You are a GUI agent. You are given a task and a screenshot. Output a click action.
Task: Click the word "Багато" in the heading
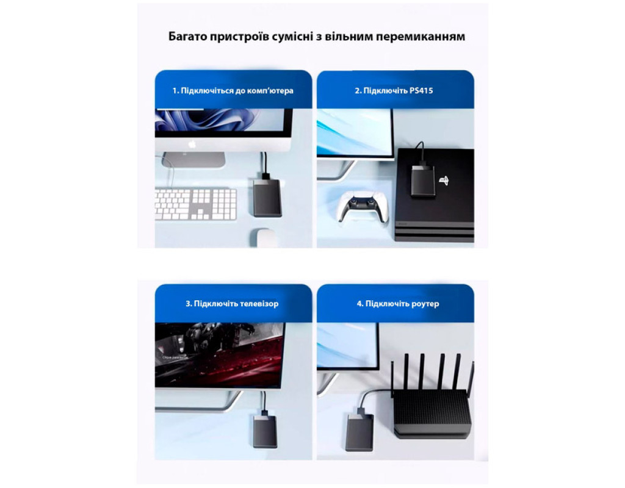click(188, 36)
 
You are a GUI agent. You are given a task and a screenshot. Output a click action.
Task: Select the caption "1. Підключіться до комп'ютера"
click(233, 90)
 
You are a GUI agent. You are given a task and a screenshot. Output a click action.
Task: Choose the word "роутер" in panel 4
click(425, 304)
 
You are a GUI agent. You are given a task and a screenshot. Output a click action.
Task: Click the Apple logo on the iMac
click(192, 144)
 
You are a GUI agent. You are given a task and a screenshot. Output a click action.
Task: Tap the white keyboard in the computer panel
click(196, 204)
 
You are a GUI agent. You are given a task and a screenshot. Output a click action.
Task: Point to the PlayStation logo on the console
click(444, 181)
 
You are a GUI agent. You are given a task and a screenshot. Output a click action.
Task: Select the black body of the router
click(432, 414)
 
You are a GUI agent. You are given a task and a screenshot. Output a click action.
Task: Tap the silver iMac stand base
click(193, 159)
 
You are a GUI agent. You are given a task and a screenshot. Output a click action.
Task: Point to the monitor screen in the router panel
click(347, 344)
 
